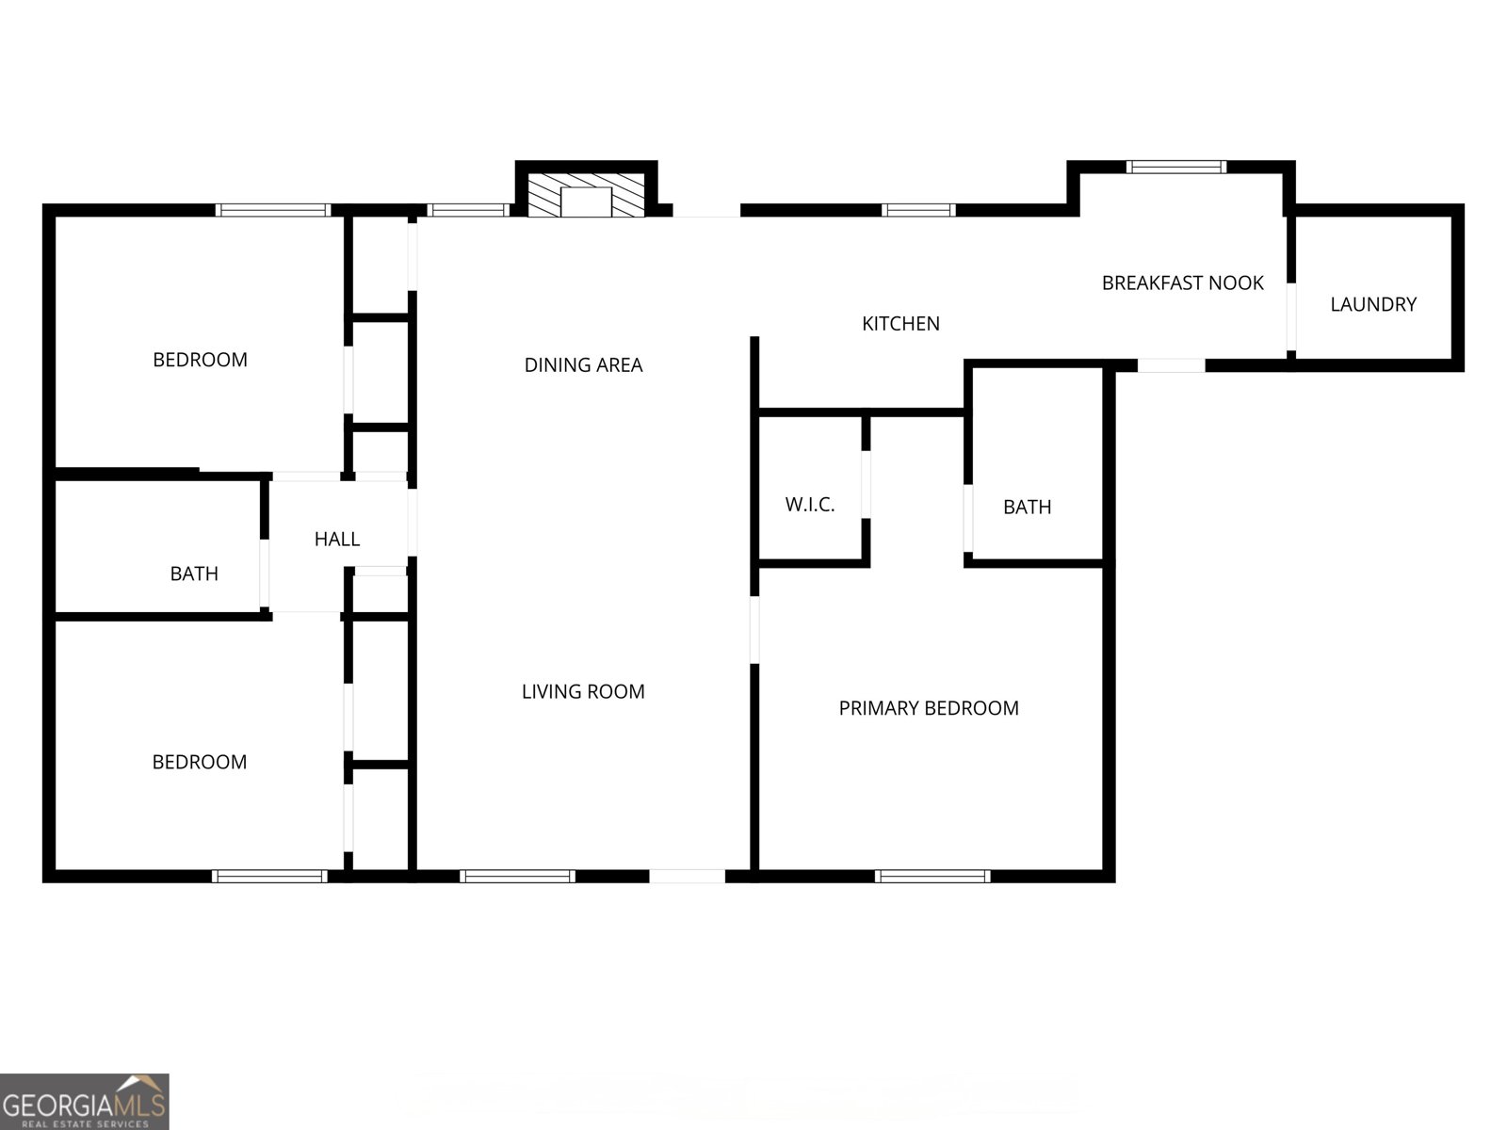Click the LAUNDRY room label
(1372, 304)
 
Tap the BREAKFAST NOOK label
(1182, 282)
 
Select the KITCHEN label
(900, 324)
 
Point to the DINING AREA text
(583, 365)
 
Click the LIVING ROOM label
(583, 692)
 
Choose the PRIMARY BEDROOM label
(929, 708)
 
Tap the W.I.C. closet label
(810, 505)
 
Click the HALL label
(336, 540)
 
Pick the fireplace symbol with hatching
(586, 195)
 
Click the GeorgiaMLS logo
(84, 1102)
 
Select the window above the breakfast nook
(1176, 168)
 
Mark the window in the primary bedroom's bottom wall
(932, 876)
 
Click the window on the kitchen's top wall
(918, 210)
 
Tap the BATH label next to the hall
(194, 573)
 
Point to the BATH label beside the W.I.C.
(1027, 508)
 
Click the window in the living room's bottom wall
(517, 876)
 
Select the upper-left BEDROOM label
(200, 360)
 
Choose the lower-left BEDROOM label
(200, 762)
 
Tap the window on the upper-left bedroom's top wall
(273, 210)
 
